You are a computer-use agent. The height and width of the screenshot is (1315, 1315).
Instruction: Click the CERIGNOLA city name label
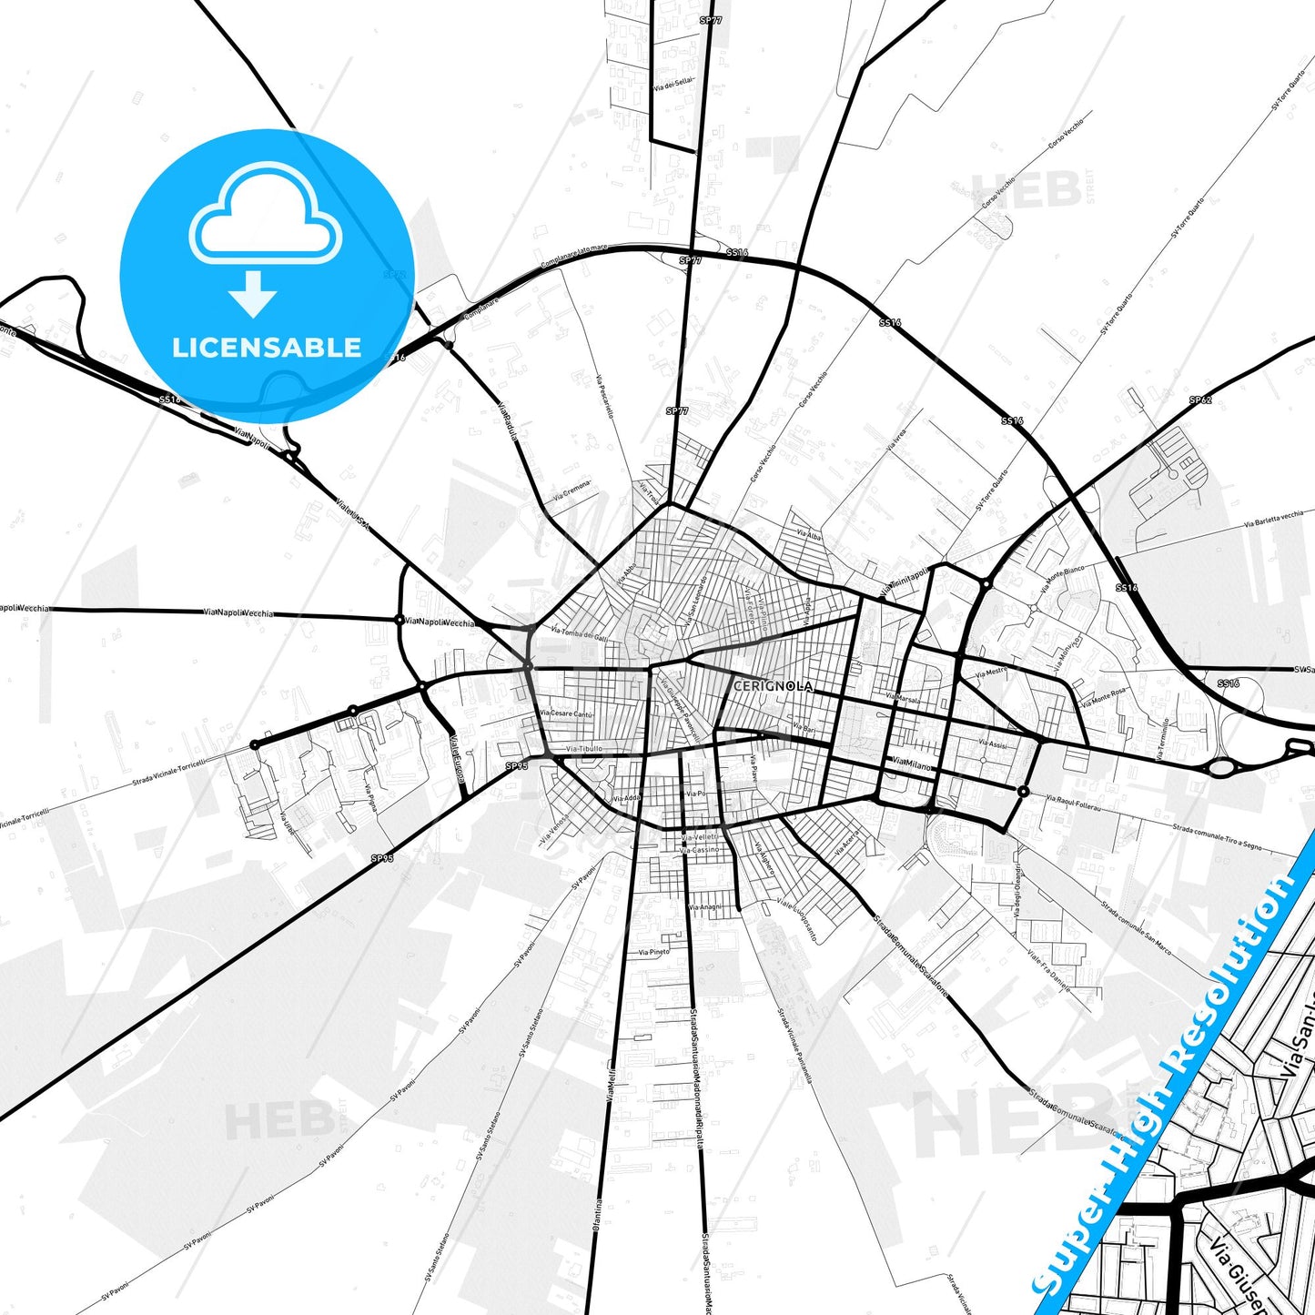772,686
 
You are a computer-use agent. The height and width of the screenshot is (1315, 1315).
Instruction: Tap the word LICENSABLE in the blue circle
267,348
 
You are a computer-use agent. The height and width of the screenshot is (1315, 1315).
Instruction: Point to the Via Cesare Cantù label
566,714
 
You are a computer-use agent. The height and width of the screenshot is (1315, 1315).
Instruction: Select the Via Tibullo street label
583,749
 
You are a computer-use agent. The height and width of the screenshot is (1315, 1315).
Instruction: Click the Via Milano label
912,765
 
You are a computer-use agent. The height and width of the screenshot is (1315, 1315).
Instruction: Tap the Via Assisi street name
993,743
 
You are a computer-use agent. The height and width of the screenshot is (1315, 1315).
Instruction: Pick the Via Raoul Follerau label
1074,804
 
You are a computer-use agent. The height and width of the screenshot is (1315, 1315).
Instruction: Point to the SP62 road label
1200,400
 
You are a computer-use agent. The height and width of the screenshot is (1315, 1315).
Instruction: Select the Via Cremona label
572,491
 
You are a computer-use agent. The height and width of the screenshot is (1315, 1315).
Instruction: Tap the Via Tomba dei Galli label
579,632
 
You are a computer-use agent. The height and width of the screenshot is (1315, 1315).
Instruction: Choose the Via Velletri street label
700,837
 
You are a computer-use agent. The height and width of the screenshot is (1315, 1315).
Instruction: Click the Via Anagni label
704,907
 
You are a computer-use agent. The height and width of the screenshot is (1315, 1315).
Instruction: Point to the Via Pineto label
653,952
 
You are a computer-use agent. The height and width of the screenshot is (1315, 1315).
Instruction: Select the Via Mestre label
991,674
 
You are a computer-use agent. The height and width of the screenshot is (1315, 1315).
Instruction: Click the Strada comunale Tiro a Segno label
1217,837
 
